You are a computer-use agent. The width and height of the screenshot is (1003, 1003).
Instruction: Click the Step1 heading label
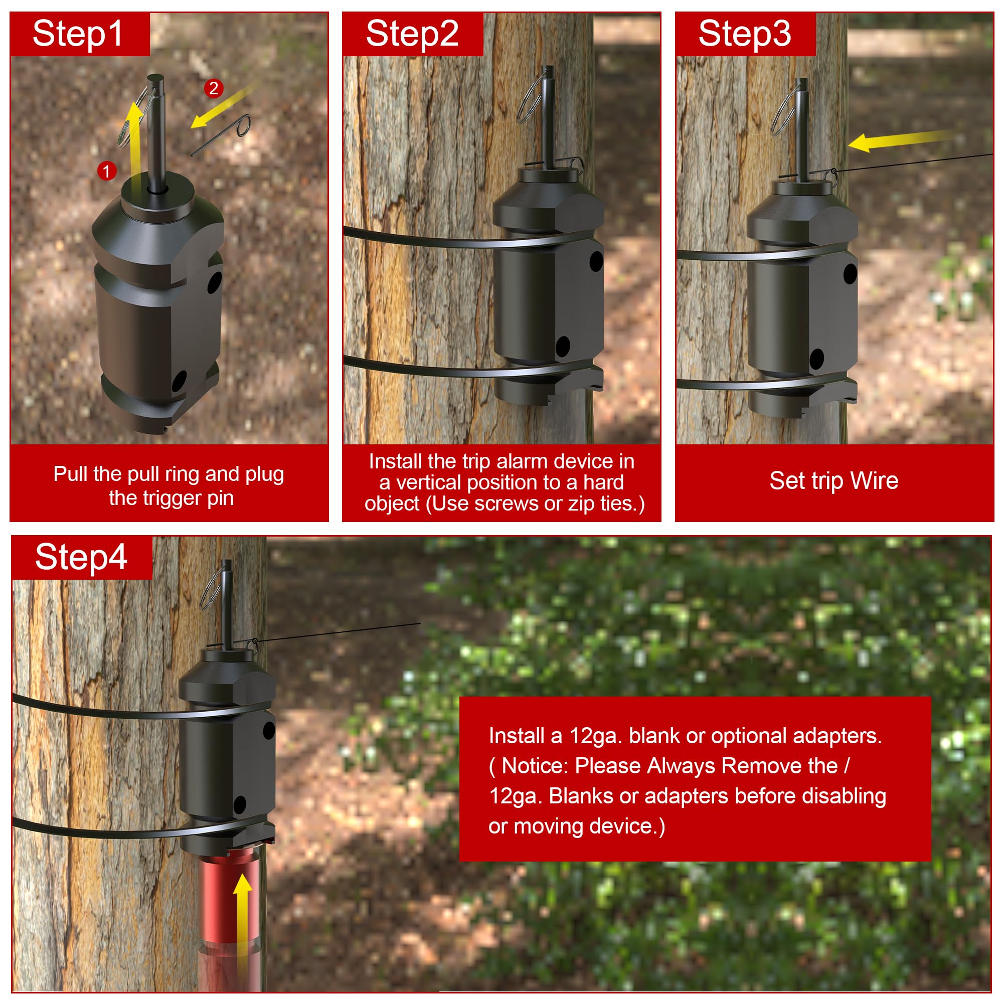(78, 34)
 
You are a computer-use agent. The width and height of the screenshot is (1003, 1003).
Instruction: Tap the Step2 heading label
(412, 34)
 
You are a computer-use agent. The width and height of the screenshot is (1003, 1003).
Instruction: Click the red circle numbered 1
(106, 171)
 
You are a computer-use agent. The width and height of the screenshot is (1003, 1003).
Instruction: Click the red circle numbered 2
(213, 88)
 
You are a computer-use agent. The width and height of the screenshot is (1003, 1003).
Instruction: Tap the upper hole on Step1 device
(214, 283)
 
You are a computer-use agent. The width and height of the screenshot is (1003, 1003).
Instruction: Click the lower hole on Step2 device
(563, 346)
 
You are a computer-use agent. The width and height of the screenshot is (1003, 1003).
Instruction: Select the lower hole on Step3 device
(816, 359)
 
